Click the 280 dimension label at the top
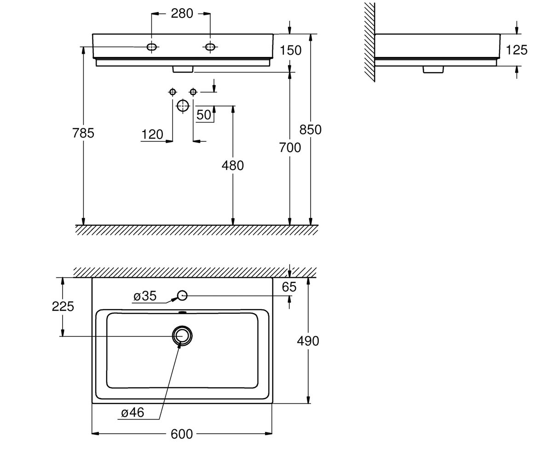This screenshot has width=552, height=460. pos(182,13)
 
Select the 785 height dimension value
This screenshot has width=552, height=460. pos(83,133)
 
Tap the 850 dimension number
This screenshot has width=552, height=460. pos(310,130)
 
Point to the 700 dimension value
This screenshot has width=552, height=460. pos(290,148)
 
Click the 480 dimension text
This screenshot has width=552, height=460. pos(233,166)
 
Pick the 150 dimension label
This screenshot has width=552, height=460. pos(291,50)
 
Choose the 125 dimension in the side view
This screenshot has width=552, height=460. pos(517,50)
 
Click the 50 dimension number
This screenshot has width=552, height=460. pos(204,115)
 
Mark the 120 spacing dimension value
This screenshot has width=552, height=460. pos(152,134)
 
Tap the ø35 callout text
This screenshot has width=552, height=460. pos(145,296)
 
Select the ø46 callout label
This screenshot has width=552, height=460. pos(132,412)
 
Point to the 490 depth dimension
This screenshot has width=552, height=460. pos(308,341)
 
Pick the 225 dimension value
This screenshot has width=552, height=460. pos(63,306)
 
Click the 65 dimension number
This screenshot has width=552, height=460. pos(289,287)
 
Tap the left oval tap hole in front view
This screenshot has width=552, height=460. pos(151,47)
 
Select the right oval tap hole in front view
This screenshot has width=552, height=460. pos(210,47)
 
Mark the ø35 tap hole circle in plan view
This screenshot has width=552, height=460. pos(182,291)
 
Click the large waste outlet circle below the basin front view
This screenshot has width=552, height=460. pos(183,102)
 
